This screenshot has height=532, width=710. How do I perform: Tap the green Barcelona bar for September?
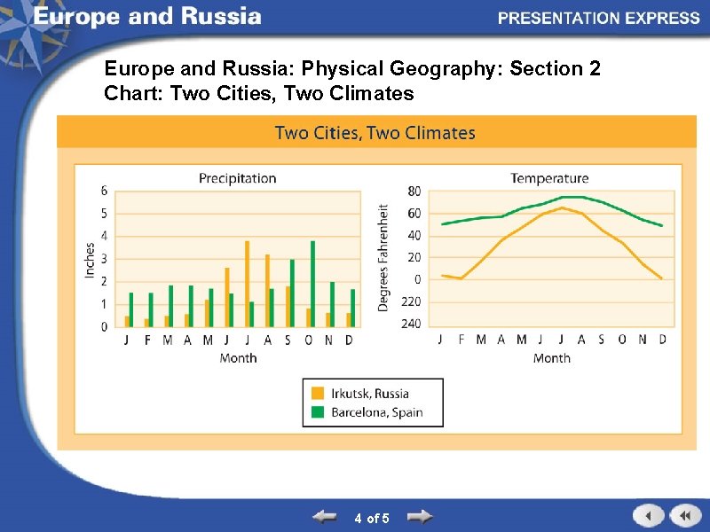coord(292,293)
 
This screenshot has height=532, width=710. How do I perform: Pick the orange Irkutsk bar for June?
coord(226,297)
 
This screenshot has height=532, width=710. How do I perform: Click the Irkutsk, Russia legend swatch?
coord(317,394)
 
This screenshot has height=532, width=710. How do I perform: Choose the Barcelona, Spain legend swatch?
coord(317,412)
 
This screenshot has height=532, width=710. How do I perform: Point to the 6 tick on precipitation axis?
coord(105,191)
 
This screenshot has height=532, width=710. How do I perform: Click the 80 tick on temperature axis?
coord(414,191)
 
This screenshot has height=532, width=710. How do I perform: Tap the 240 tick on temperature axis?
coord(411,324)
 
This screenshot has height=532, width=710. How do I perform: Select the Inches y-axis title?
coord(90,260)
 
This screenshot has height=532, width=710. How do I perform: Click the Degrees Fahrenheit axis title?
coord(383,257)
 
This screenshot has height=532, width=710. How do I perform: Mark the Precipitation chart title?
coord(237,178)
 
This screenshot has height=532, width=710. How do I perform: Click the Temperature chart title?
coord(549,178)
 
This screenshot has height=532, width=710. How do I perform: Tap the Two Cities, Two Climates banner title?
coord(375,133)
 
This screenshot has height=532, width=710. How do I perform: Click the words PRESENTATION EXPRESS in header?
coord(598,18)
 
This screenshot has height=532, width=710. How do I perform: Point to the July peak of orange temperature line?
coord(562,207)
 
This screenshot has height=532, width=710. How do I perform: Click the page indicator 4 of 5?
coord(371,518)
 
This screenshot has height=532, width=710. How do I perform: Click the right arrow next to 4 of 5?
coord(419,516)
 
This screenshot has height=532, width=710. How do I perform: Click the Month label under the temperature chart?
coord(551,358)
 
